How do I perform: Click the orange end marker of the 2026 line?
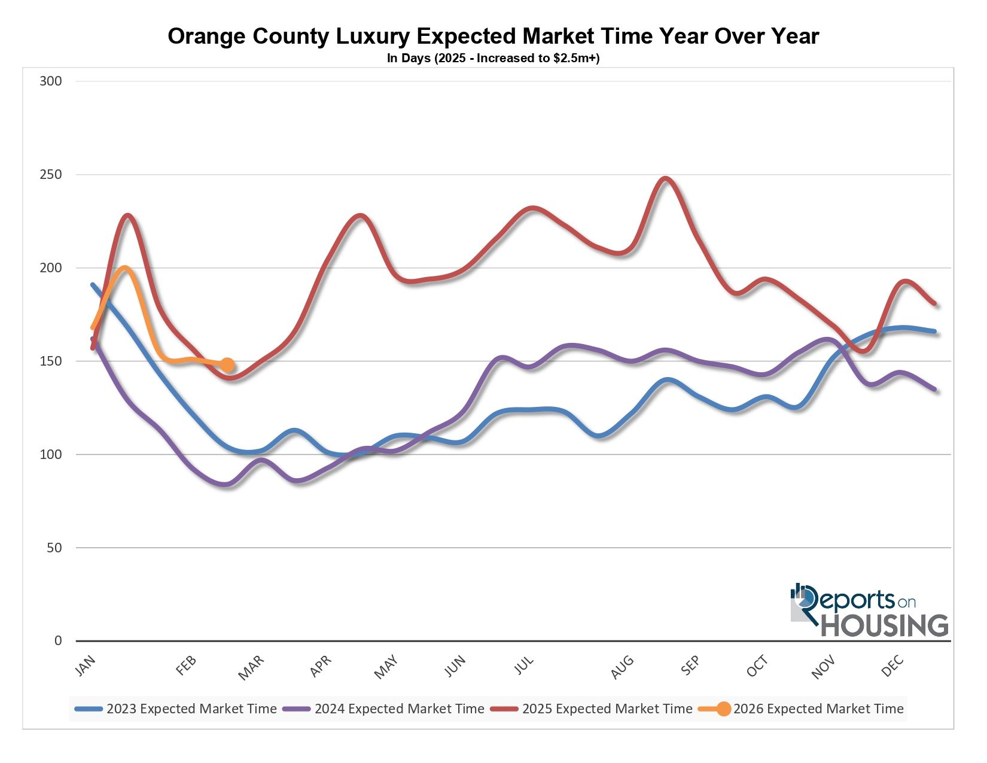[x=227, y=364]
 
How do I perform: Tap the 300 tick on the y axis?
[x=51, y=81]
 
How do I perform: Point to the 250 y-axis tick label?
[x=51, y=175]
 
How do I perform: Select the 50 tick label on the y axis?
[x=54, y=548]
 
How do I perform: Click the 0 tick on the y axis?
[x=58, y=641]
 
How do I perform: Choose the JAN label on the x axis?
[x=86, y=665]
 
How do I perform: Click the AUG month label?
[x=622, y=667]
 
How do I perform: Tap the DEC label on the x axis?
[x=894, y=666]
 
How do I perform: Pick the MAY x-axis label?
[x=386, y=667]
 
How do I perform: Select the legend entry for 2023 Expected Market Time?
[x=176, y=709]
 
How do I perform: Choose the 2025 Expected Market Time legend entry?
[x=592, y=709]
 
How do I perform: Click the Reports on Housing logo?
[x=869, y=610]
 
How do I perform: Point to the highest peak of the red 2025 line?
[x=665, y=178]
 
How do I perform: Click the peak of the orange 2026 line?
[x=124, y=268]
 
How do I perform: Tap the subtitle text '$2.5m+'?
[x=577, y=59]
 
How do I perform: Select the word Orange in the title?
[x=206, y=37]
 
